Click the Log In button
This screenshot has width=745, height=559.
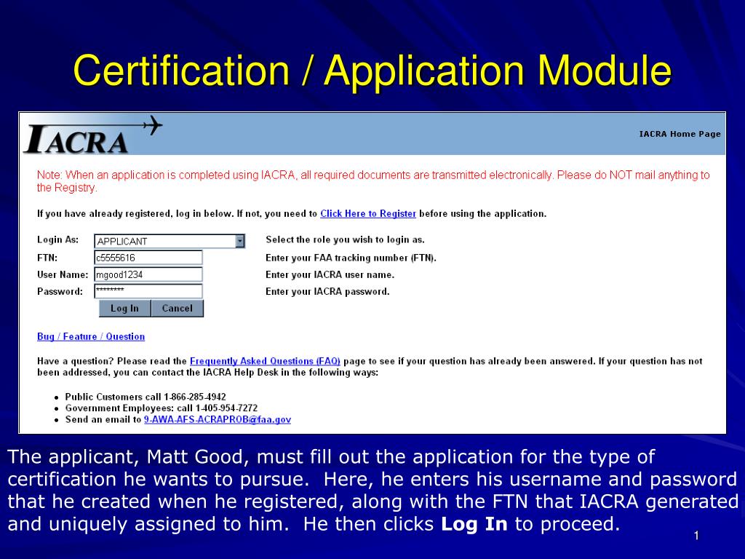(124, 309)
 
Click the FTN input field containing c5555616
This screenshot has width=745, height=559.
(148, 258)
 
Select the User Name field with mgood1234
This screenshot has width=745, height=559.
(148, 274)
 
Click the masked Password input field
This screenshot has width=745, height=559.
(148, 291)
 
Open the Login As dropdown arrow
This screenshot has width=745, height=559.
(240, 241)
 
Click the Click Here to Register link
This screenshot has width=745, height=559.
(368, 214)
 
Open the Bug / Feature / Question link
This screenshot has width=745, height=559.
(91, 337)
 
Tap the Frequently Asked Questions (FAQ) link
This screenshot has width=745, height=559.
(265, 361)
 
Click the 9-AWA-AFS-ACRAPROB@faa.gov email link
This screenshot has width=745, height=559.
(218, 420)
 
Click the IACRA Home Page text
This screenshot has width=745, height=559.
(680, 134)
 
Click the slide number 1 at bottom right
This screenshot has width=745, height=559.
(696, 536)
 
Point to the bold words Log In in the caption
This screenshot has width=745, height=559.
(474, 524)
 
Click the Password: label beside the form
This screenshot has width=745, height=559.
(60, 292)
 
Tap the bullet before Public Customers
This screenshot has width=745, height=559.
(57, 398)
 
